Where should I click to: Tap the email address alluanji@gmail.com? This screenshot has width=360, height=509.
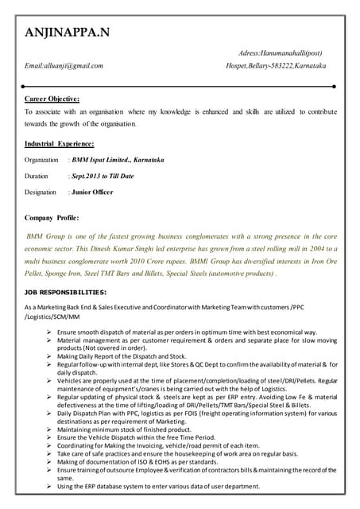pyautogui.click(x=64, y=65)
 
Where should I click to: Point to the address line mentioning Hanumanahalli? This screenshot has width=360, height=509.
pyautogui.click(x=280, y=52)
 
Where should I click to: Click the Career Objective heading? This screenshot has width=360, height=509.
pyautogui.click(x=52, y=99)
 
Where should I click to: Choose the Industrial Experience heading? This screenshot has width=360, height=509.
pyautogui.click(x=60, y=144)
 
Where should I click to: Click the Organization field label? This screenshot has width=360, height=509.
pyautogui.click(x=41, y=160)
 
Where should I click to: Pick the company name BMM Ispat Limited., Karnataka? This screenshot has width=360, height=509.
pyautogui.click(x=117, y=160)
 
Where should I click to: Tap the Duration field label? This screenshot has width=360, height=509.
pyautogui.click(x=36, y=176)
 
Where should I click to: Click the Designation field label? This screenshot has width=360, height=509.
pyautogui.click(x=41, y=192)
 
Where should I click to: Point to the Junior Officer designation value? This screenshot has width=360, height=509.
pyautogui.click(x=91, y=192)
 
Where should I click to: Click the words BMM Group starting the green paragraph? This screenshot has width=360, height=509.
pyautogui.click(x=45, y=237)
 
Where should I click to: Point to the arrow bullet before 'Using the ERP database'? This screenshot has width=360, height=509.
pyautogui.click(x=50, y=487)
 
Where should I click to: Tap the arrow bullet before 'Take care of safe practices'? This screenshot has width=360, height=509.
pyautogui.click(x=50, y=454)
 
